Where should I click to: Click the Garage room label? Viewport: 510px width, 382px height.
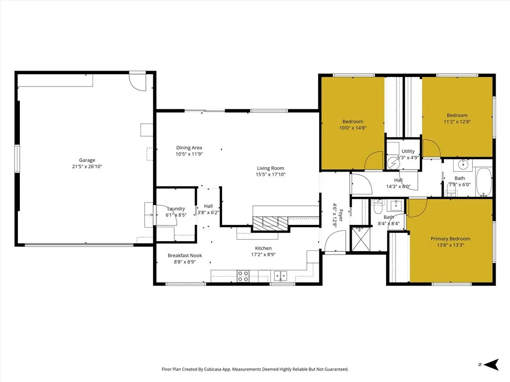87,160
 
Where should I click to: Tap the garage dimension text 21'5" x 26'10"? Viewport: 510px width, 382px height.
87,167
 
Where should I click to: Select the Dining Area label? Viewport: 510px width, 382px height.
189,148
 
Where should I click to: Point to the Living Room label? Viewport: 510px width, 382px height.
270,168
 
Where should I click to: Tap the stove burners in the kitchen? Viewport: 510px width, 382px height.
243,276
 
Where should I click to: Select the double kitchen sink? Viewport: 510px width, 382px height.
279,276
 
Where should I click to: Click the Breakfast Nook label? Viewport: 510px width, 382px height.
185,255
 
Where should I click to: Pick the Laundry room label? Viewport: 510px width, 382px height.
176,209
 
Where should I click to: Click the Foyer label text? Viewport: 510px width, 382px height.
341,215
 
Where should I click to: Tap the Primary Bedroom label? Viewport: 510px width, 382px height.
450,239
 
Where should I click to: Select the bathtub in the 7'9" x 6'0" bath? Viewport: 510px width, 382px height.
484,183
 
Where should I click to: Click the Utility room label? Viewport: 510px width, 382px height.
408,151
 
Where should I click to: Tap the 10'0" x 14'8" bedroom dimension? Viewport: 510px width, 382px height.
353,128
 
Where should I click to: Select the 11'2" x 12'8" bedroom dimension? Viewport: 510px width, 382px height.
457,121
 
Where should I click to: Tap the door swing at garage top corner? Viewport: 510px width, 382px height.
137,81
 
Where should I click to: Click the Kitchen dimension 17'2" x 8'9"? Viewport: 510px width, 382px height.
263,255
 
